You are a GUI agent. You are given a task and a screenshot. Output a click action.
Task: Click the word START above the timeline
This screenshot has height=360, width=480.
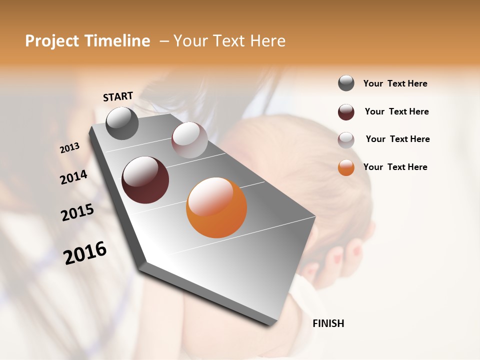click(x=118, y=96)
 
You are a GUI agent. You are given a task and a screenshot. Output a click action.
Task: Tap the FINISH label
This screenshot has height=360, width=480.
click(x=328, y=323)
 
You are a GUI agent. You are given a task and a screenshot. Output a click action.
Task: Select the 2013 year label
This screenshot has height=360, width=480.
click(x=69, y=148)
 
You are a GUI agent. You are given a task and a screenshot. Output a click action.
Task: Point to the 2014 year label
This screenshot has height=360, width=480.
click(x=73, y=177)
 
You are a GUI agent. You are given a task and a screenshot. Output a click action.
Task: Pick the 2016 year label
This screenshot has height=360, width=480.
click(x=85, y=253)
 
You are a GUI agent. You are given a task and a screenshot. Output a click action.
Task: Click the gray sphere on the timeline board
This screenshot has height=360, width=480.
click(x=122, y=123)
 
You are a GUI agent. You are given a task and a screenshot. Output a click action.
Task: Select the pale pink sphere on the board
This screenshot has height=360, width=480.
click(x=189, y=140)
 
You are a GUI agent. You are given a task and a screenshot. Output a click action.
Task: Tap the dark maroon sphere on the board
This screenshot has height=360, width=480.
click(x=145, y=180)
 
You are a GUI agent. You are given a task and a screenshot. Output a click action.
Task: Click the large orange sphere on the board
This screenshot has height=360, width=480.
click(x=216, y=207)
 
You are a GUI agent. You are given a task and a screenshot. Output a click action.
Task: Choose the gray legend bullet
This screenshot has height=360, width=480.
click(x=346, y=83)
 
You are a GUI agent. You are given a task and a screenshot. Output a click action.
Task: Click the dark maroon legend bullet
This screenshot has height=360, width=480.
click(x=346, y=112)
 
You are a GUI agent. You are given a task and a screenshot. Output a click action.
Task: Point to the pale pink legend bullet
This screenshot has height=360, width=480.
click(x=346, y=140)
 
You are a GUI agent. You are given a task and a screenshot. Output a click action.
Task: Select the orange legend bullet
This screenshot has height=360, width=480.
click(x=346, y=167)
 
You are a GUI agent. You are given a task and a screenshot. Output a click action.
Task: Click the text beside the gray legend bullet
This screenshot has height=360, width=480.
click(x=395, y=83)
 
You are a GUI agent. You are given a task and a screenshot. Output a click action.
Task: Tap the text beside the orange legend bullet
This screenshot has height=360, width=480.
click(x=395, y=167)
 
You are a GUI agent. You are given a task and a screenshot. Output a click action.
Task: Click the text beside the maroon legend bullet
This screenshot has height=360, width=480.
click(x=396, y=111)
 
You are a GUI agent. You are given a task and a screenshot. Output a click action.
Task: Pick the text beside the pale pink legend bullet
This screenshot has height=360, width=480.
click(x=397, y=139)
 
